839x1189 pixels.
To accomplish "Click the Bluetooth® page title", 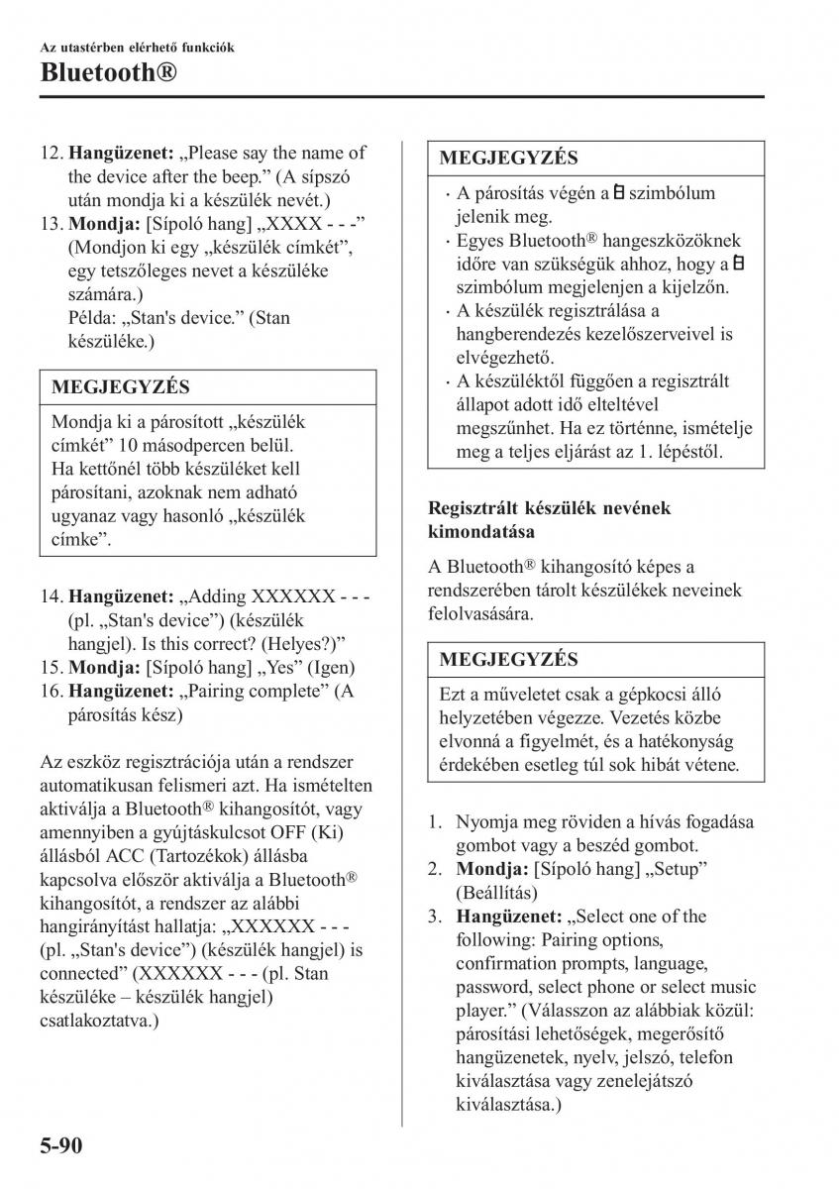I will point(110,71).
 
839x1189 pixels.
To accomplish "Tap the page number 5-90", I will point(61,1148).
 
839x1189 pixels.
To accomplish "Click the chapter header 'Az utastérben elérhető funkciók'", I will point(137,47).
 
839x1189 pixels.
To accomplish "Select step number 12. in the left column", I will point(52,153).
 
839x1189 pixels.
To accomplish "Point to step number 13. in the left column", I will point(52,223).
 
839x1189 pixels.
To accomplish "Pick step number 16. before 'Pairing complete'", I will point(52,692).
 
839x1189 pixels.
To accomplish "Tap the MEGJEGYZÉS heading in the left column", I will point(120,387).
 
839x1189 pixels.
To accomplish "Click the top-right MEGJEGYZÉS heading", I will point(507,158).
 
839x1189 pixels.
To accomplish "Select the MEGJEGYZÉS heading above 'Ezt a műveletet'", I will point(507,659).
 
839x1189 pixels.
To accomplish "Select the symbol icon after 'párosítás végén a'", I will point(617,193).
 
